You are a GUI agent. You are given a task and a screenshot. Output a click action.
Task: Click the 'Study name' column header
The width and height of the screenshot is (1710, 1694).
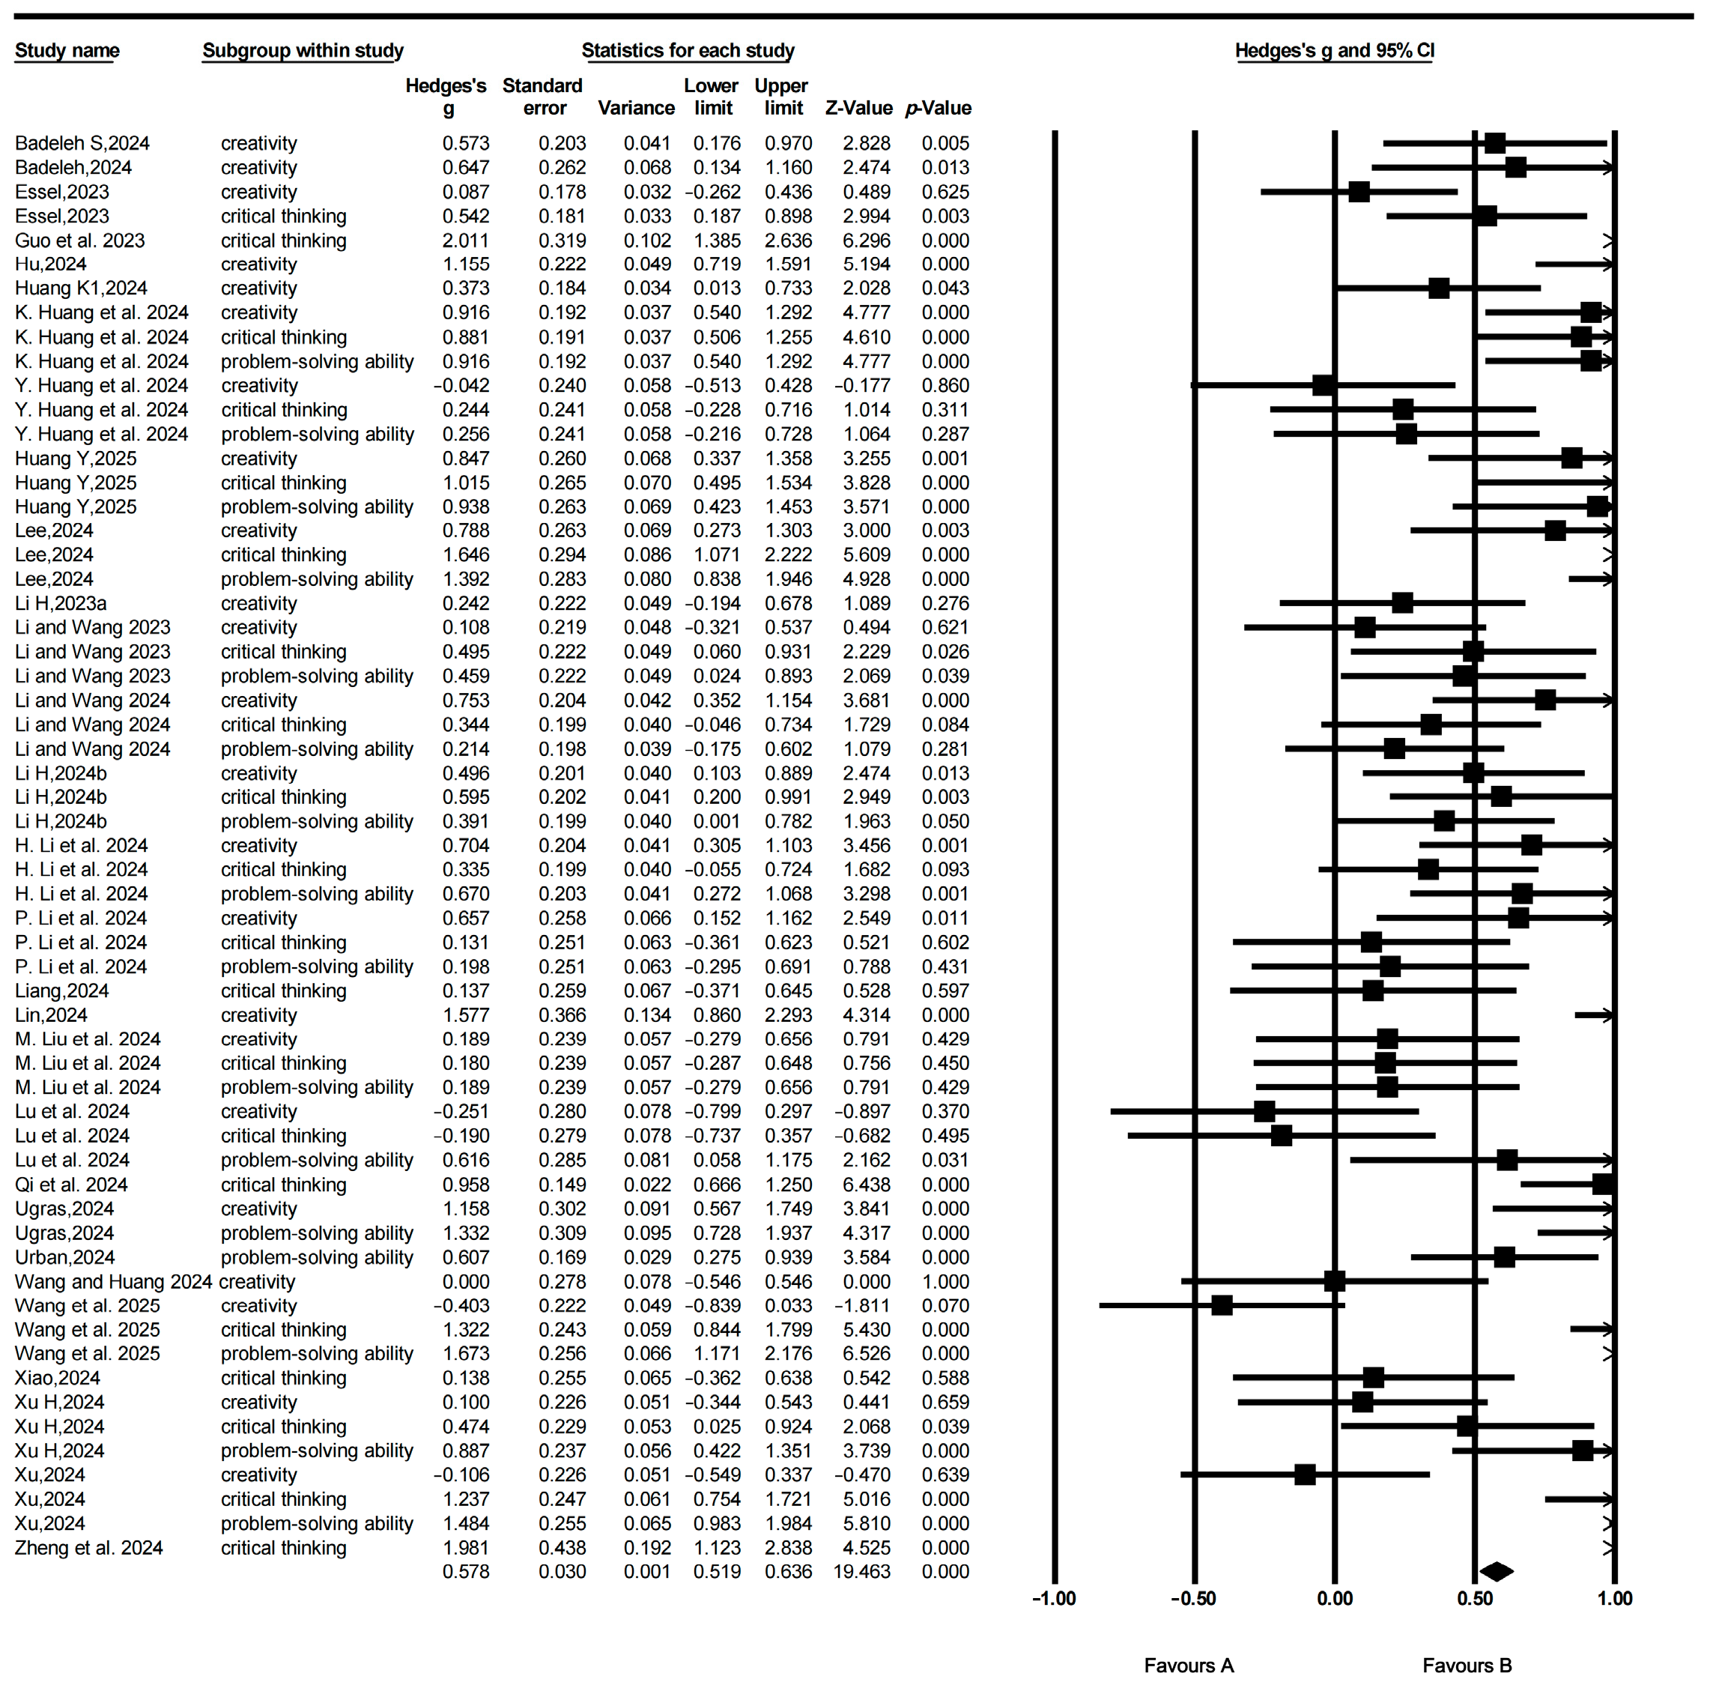(67, 50)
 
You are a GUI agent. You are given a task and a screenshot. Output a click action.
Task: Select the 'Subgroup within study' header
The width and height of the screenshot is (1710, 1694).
(303, 50)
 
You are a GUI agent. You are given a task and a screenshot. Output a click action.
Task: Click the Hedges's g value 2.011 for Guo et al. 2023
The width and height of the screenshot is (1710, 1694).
(466, 241)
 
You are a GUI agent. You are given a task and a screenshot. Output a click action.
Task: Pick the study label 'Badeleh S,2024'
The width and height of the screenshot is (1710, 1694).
(82, 143)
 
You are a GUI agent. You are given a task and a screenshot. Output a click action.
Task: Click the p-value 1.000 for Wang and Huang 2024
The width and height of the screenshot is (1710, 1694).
(945, 1281)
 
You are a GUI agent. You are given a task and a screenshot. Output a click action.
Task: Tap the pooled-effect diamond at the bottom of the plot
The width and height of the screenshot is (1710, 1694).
(1497, 1572)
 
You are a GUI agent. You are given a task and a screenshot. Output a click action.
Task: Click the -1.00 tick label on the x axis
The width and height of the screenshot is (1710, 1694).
(1053, 1598)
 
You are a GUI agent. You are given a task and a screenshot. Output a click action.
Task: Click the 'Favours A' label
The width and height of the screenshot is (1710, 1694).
(1189, 1666)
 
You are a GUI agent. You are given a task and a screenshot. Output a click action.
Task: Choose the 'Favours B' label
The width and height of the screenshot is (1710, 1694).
(1467, 1666)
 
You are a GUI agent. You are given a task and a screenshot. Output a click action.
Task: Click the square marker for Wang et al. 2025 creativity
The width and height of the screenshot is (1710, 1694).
(1222, 1305)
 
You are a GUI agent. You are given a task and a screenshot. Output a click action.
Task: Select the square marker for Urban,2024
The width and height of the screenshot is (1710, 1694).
(1504, 1256)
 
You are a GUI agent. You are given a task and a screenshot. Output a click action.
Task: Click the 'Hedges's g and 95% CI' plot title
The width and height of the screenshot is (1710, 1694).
(1334, 50)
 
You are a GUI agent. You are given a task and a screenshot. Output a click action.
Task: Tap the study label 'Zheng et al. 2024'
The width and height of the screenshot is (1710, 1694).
(88, 1548)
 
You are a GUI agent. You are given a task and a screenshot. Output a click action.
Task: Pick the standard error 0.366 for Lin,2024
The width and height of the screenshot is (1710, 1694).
(562, 1014)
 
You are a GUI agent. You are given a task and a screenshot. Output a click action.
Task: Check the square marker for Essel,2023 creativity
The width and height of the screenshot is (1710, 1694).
(1359, 191)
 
